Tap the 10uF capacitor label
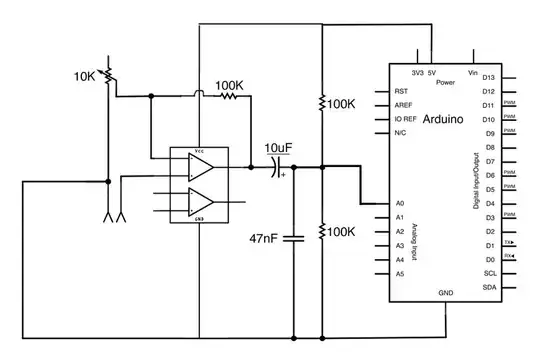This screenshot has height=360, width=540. [279, 149]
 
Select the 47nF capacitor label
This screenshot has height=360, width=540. [263, 239]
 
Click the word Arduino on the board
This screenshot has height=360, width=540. [441, 118]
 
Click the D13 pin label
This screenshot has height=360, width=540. [489, 77]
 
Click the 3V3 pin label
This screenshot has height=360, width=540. [417, 72]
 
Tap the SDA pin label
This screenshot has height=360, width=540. [488, 286]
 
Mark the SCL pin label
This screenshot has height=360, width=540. [488, 273]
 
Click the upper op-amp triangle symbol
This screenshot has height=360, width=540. [202, 169]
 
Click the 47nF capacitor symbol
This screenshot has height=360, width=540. [293, 238]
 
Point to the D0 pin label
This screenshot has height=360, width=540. [489, 259]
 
